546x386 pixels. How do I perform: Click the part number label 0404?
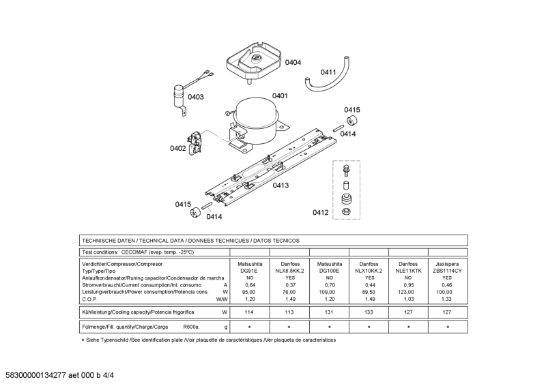point(293,63)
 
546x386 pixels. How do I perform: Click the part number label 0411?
point(328,72)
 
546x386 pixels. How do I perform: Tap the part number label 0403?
point(196,97)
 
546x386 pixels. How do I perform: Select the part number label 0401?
point(280,96)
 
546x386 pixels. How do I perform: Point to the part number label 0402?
point(178,148)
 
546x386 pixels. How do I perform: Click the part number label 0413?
point(281,185)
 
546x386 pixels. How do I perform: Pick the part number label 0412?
point(321,213)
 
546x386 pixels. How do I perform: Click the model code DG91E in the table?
point(249,271)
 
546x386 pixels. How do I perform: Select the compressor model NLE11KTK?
point(407,271)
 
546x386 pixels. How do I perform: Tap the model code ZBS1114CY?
point(447,271)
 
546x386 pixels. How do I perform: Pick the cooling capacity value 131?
point(329,312)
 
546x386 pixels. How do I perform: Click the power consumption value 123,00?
point(407,292)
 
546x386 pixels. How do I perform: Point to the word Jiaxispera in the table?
point(447,263)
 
